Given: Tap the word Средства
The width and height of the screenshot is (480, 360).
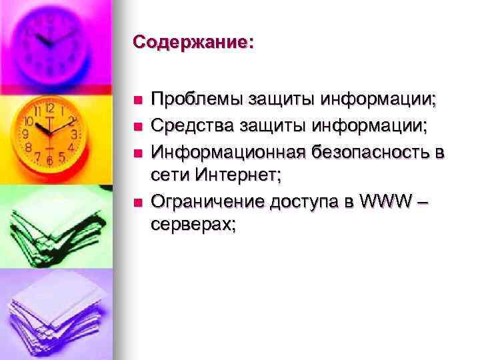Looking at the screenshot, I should (x=193, y=124).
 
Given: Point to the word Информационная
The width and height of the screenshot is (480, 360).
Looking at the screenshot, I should (x=227, y=151).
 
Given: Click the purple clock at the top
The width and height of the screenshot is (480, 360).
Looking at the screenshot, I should (x=50, y=40).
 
